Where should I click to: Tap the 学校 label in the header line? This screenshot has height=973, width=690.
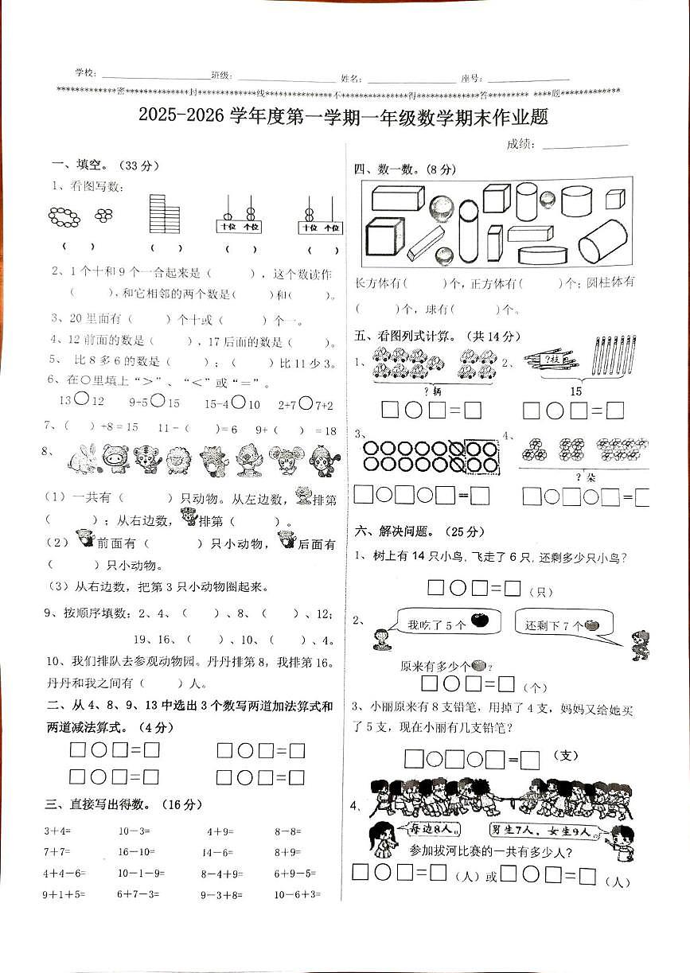pyautogui.click(x=85, y=74)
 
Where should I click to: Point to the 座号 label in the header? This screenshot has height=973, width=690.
pyautogui.click(x=470, y=78)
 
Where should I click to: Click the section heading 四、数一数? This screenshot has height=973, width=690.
pyautogui.click(x=394, y=169)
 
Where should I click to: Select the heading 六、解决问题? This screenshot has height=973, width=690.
pyautogui.click(x=396, y=531)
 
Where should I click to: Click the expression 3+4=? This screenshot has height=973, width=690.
pyautogui.click(x=57, y=831)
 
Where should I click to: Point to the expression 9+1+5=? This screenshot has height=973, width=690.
pyautogui.click(x=62, y=894)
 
